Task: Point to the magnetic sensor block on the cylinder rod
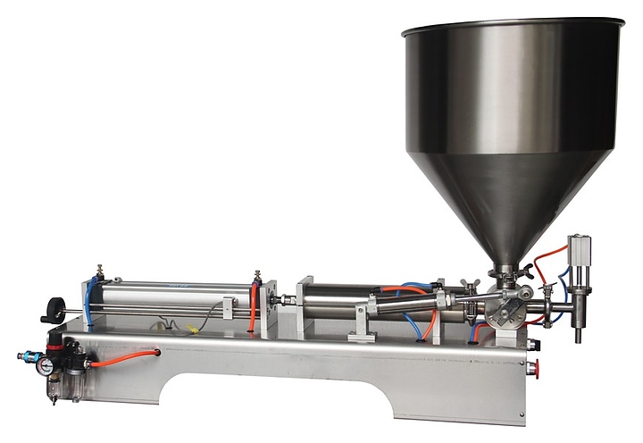(x=228, y=309)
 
